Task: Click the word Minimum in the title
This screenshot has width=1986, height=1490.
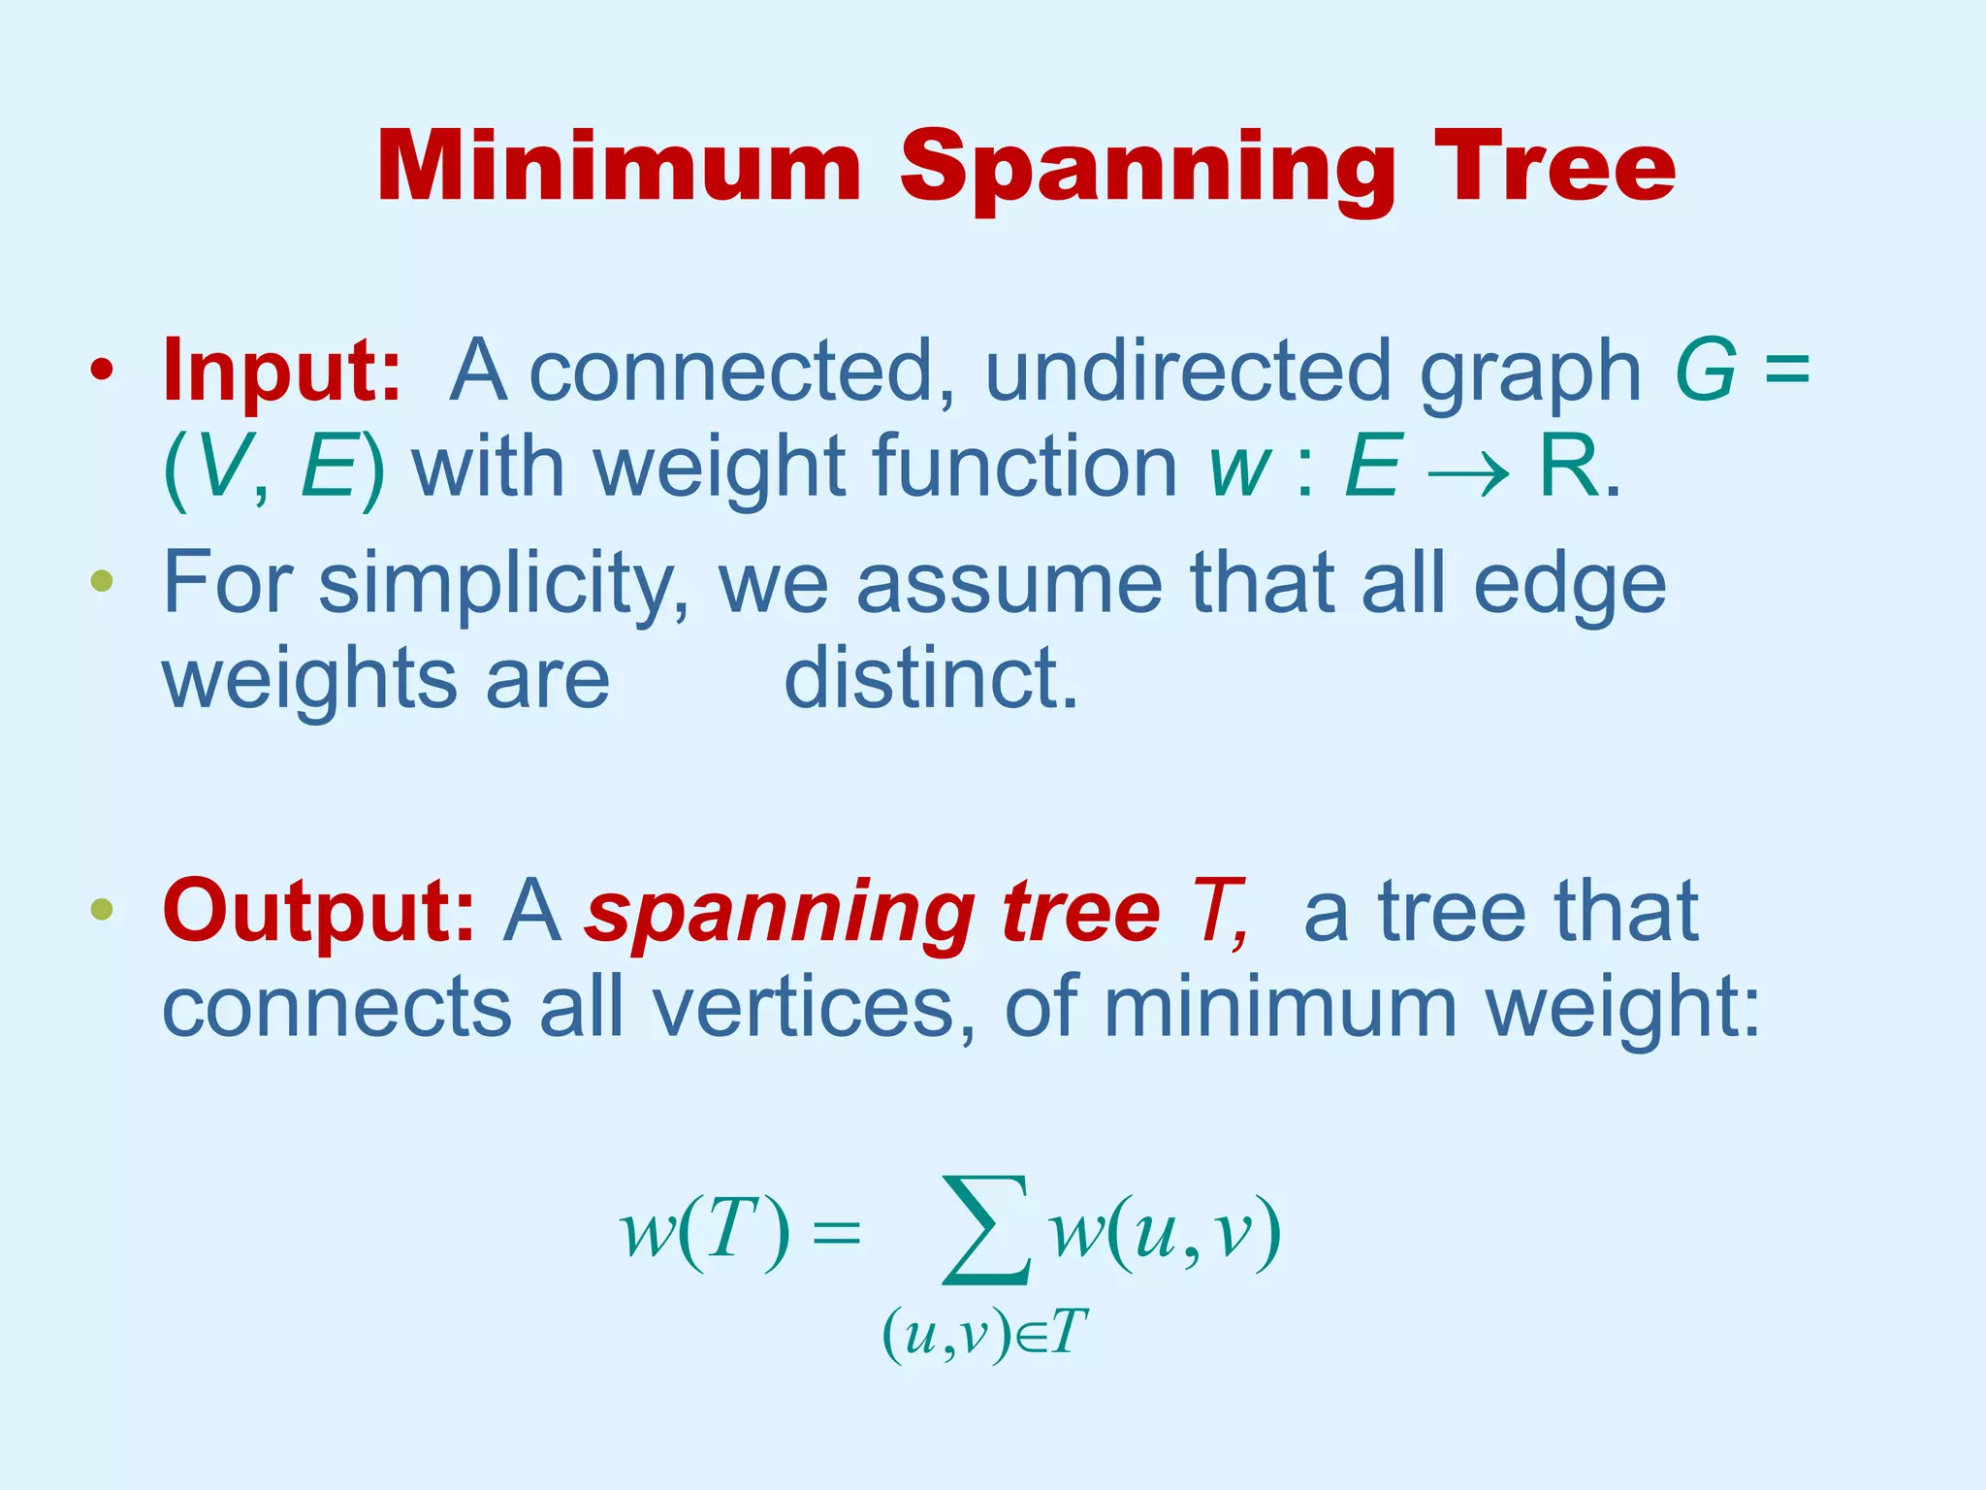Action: coord(619,167)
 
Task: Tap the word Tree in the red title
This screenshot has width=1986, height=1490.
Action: coord(1554,167)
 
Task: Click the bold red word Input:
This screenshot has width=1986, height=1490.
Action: coord(282,371)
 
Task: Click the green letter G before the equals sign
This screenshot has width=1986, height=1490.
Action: coord(1706,371)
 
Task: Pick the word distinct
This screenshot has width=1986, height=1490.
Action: coord(930,678)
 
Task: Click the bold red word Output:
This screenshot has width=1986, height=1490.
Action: coord(319,912)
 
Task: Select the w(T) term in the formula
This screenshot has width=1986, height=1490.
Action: coord(705,1232)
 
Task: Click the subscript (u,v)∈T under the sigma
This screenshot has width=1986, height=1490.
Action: coord(983,1334)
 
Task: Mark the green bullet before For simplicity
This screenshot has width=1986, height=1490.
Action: coord(102,582)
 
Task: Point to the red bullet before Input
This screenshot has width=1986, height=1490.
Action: coord(102,371)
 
